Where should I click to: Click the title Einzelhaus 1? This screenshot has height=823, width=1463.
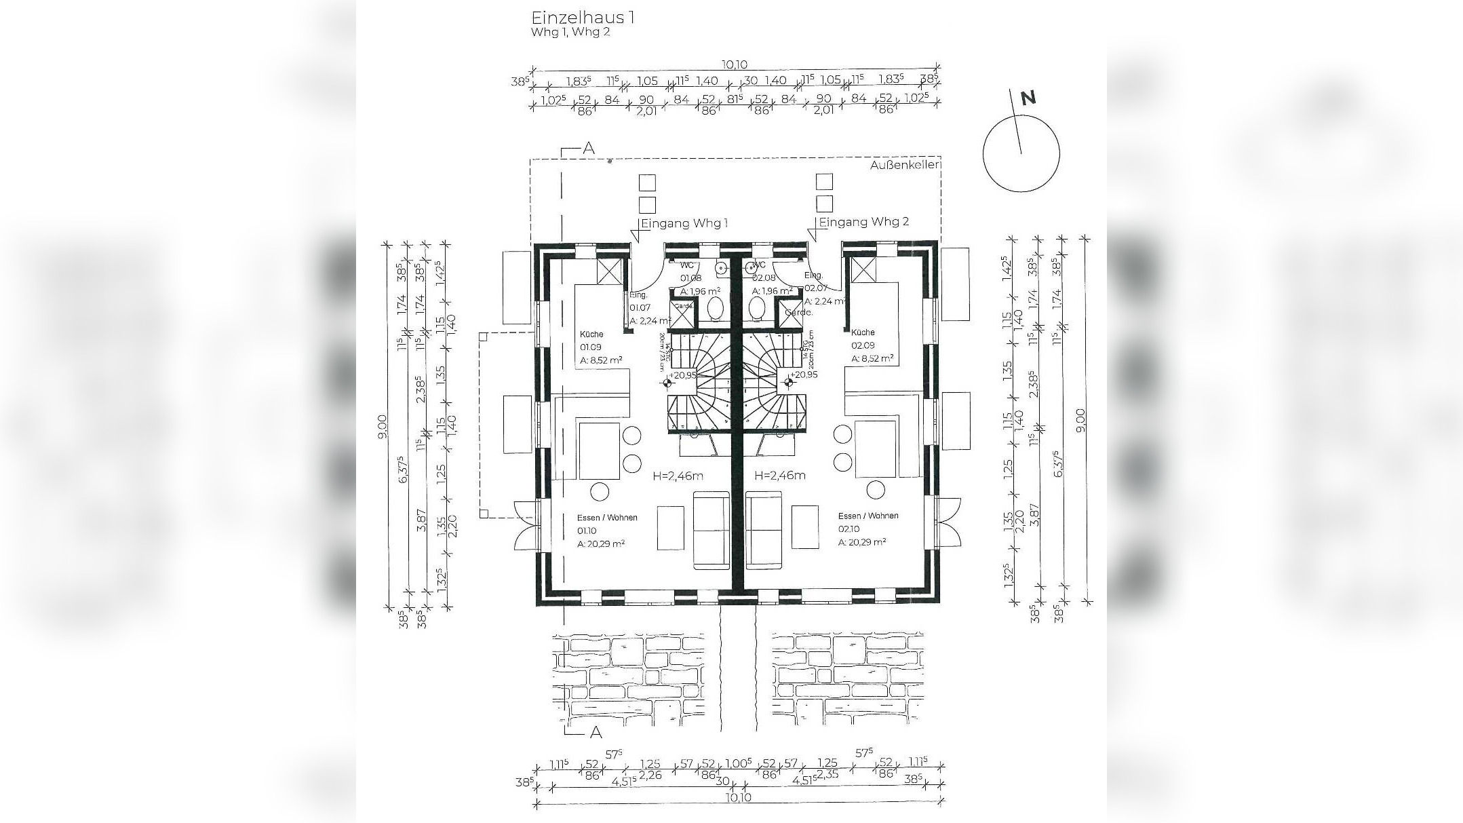tap(583, 17)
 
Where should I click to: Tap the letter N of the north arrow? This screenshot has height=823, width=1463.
tap(1028, 98)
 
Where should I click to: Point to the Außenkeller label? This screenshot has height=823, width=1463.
tap(904, 164)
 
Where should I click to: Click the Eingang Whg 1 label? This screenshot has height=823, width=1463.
tap(684, 223)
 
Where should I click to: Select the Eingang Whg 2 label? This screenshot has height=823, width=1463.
tap(864, 222)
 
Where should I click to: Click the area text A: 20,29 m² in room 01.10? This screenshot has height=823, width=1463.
tap(601, 543)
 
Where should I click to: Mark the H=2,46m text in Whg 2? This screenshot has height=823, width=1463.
tap(780, 476)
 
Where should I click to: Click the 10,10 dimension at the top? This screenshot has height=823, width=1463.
tap(734, 65)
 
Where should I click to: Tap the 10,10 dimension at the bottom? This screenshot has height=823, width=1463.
tap(738, 797)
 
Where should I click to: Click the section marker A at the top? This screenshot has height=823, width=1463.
tap(589, 149)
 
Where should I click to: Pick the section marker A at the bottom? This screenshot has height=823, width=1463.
tap(596, 732)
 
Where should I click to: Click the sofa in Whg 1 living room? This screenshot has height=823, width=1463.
tap(711, 531)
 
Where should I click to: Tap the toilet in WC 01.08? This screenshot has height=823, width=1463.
tap(715, 310)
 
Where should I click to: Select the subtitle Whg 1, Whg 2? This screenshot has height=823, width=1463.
tap(570, 32)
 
